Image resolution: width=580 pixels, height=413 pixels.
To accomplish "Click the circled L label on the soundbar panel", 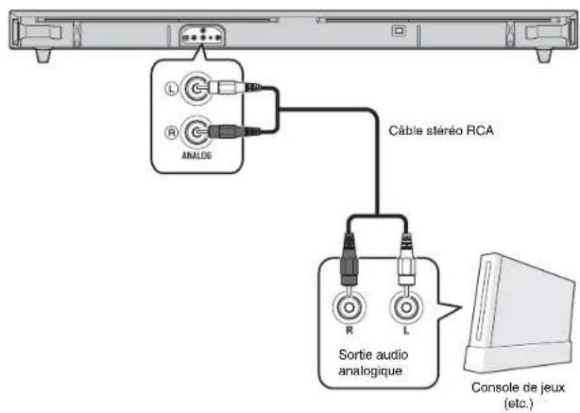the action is [x=171, y=89].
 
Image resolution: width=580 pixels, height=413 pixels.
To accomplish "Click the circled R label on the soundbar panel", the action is [x=171, y=132].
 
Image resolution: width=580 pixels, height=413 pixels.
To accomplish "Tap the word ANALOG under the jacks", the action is [x=196, y=155].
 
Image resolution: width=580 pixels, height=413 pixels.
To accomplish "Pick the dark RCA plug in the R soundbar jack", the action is [x=232, y=131].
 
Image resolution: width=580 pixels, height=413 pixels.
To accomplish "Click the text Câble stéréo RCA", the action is [x=441, y=130].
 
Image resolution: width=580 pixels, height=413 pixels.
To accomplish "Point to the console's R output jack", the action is [x=350, y=307].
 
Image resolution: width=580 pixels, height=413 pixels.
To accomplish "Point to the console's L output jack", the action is [x=406, y=307].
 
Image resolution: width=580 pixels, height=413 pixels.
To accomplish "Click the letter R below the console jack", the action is [x=350, y=330].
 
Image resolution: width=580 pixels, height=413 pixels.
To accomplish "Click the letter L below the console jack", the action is [x=406, y=330].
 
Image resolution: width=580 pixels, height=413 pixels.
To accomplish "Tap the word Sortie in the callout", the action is [x=353, y=354].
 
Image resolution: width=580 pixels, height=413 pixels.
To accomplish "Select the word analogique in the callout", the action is [x=370, y=370].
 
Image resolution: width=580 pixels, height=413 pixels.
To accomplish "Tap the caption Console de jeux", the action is [x=518, y=387].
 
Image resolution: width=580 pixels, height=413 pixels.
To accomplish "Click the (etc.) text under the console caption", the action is [x=519, y=403].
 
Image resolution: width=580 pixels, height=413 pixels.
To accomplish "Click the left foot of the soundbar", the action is [x=43, y=55].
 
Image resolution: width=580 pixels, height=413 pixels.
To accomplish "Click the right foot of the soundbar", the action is [x=544, y=55].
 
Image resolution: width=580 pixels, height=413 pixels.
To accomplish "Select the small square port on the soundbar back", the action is [x=399, y=31].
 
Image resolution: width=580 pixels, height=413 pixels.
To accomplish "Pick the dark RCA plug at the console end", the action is [x=349, y=261].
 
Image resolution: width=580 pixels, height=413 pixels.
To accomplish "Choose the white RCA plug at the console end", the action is [x=406, y=261].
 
